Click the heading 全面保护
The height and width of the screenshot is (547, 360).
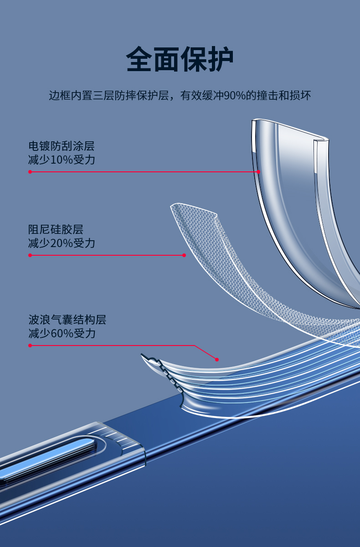click(x=180, y=59)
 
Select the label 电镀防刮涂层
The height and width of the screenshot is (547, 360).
click(x=62, y=146)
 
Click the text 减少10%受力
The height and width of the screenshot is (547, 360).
click(x=62, y=160)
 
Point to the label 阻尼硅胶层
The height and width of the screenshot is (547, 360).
click(x=56, y=229)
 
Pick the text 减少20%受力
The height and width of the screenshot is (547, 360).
click(x=62, y=243)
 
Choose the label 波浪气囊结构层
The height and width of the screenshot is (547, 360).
click(x=67, y=320)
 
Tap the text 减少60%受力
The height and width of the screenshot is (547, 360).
click(x=62, y=333)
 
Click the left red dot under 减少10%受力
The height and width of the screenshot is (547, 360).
click(x=30, y=172)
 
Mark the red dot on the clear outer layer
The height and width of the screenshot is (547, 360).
click(x=258, y=172)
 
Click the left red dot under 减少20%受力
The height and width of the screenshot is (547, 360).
click(x=30, y=255)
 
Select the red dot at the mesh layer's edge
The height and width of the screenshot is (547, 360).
click(x=184, y=255)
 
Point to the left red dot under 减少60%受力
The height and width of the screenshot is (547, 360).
click(x=30, y=346)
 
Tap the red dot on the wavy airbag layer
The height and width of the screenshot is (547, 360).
click(x=217, y=359)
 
